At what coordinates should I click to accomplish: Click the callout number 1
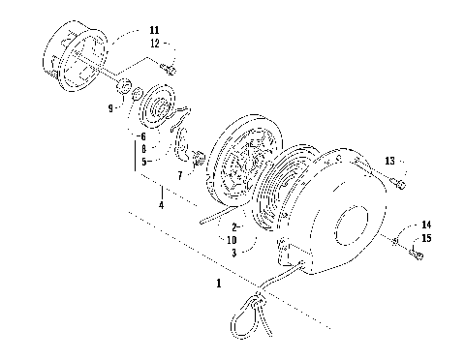click(219, 285)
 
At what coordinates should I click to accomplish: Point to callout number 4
click(160, 204)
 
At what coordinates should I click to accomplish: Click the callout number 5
click(143, 162)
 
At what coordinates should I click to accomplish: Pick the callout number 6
click(143, 138)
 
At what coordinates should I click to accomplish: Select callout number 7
click(179, 175)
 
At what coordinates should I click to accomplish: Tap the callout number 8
click(143, 150)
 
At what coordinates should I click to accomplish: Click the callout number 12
click(155, 45)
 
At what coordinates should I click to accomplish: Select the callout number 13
click(389, 160)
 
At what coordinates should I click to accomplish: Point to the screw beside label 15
click(416, 255)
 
